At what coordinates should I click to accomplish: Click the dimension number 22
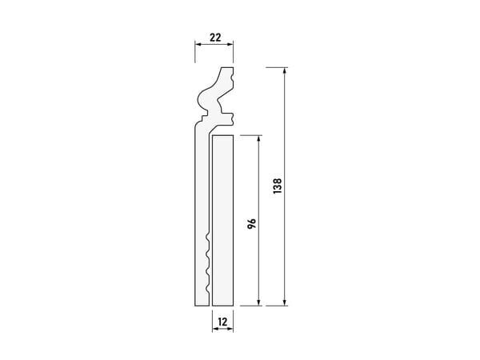pyautogui.click(x=215, y=38)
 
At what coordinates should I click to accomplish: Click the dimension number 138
pyautogui.click(x=278, y=186)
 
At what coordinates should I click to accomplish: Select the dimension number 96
pyautogui.click(x=252, y=224)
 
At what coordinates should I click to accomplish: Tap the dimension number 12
pyautogui.click(x=223, y=322)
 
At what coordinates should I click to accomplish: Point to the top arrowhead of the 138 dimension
pyautogui.click(x=285, y=70)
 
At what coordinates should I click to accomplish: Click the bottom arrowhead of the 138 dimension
pyautogui.click(x=285, y=302)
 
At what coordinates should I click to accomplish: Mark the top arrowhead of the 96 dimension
pyautogui.click(x=259, y=138)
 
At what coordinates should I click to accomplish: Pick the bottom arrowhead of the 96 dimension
pyautogui.click(x=259, y=302)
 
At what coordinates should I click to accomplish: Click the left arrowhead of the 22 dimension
pyautogui.click(x=199, y=44)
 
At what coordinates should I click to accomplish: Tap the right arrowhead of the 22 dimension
pyautogui.click(x=230, y=44)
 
